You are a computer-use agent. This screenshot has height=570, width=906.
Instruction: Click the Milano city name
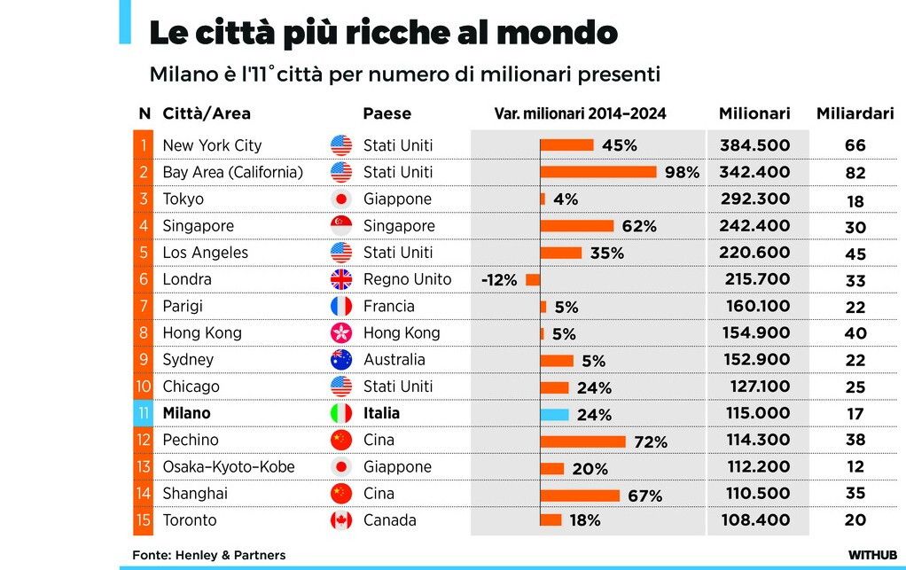[x=186, y=413]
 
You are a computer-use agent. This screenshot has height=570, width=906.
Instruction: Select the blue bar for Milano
[x=554, y=414]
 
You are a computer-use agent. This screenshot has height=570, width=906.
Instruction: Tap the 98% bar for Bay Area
[x=598, y=172]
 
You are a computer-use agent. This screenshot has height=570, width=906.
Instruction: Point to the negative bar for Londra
[x=533, y=279]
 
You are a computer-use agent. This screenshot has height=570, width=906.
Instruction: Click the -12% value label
[x=499, y=280]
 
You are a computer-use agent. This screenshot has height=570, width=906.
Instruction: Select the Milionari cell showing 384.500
[x=754, y=145]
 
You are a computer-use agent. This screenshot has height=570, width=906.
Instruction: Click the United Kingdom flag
[x=341, y=280]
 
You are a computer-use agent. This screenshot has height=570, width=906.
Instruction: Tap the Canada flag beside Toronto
[x=341, y=520]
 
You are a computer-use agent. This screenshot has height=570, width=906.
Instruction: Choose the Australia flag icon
[x=341, y=360]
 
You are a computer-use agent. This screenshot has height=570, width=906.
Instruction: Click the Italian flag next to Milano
[x=341, y=413]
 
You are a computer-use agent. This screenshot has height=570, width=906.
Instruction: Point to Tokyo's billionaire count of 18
[x=855, y=200]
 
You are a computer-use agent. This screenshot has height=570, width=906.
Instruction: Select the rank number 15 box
[x=143, y=520]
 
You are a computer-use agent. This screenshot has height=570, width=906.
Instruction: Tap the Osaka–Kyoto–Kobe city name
[x=229, y=467]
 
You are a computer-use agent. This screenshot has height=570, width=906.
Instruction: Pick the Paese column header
[x=387, y=113]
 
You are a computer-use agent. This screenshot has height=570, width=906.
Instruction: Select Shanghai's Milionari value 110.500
[x=754, y=494]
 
